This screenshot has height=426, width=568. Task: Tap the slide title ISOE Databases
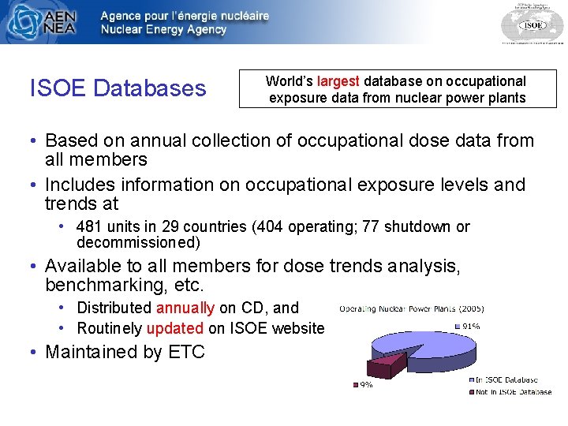click(x=118, y=88)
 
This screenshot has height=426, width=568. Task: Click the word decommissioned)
click(x=138, y=242)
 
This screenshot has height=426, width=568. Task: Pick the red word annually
click(x=185, y=308)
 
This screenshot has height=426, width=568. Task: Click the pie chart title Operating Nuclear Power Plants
click(x=412, y=308)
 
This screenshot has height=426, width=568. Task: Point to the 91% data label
click(x=470, y=326)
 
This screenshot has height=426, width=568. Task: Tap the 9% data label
click(x=366, y=385)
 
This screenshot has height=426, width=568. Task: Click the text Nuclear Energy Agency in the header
click(x=163, y=30)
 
